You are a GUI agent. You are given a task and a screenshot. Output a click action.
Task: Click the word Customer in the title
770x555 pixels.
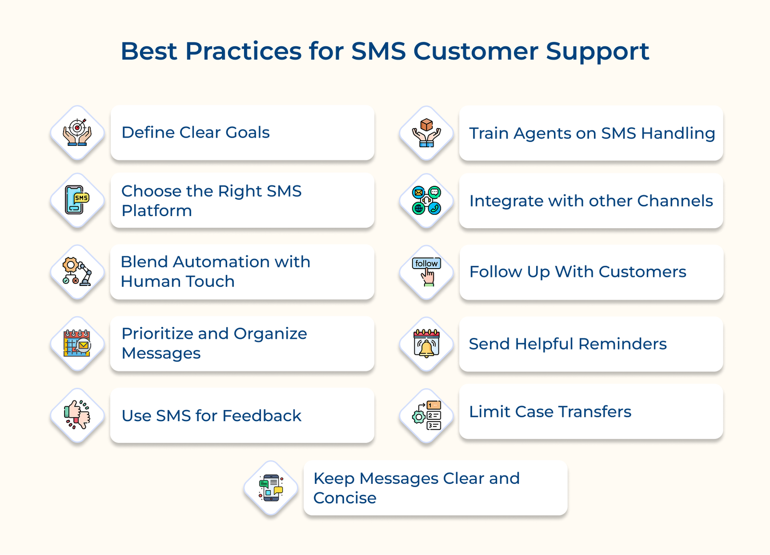(x=475, y=51)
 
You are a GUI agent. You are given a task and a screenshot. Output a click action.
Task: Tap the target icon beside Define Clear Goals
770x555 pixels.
(x=77, y=133)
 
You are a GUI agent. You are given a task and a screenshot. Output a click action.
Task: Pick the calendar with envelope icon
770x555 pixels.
(x=77, y=343)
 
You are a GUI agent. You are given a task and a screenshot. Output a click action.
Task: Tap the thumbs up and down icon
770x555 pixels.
(x=77, y=415)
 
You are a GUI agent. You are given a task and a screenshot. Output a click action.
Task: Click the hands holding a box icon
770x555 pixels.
(x=426, y=133)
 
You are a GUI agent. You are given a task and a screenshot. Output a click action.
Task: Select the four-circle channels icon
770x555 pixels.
(x=426, y=201)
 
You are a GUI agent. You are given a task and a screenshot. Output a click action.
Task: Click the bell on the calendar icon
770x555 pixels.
(x=426, y=344)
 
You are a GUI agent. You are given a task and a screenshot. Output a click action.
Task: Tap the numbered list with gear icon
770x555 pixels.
(x=426, y=415)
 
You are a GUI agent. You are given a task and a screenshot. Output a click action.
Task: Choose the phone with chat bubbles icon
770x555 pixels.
(x=271, y=488)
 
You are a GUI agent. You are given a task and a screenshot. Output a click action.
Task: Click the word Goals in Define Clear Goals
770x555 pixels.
(x=247, y=132)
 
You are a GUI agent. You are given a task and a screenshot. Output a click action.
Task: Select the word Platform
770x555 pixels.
(x=156, y=211)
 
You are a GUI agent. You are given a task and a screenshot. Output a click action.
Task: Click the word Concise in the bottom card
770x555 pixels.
(x=345, y=498)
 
